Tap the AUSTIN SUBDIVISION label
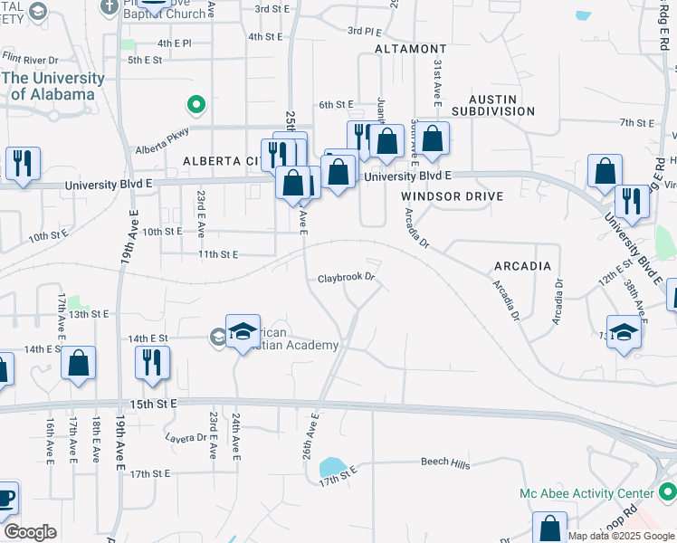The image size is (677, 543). point(493,105)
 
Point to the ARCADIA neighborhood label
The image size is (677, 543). point(522,266)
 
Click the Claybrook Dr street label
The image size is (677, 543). point(346,278)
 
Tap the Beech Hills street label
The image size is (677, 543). point(445,463)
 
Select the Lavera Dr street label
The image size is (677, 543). point(186,437)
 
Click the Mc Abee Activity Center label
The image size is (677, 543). point(586,493)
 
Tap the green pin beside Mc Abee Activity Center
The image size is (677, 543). point(668,492)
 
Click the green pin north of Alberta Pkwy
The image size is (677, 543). point(195,106)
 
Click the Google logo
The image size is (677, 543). point(30,532)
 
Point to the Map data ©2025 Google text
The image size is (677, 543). point(620,536)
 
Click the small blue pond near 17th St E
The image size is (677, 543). point(331,467)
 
